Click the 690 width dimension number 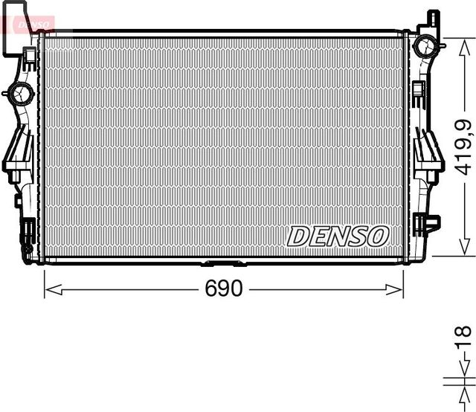pyautogui.click(x=224, y=289)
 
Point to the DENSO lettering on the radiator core pyautogui.click(x=338, y=236)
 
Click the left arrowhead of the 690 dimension pyautogui.click(x=49, y=289)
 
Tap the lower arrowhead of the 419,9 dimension pyautogui.click(x=462, y=251)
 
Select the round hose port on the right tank pyautogui.click(x=426, y=46)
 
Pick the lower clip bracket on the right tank pyautogui.click(x=428, y=222)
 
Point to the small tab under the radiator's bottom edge pyautogui.click(x=222, y=263)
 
